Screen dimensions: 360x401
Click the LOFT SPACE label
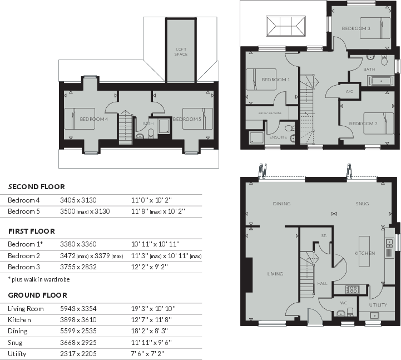click(x=181, y=52)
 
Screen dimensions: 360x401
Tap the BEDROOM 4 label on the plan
click(x=93, y=119)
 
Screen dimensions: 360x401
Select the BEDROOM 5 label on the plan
click(x=186, y=119)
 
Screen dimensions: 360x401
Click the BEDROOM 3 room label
click(x=356, y=28)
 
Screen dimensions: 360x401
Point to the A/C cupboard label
click(x=349, y=91)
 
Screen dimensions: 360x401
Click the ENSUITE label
click(x=278, y=137)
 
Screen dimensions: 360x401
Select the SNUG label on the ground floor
click(x=362, y=204)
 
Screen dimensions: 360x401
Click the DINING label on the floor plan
click(x=281, y=204)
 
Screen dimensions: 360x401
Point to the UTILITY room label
click(x=378, y=305)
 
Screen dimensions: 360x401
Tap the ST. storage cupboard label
click(x=323, y=236)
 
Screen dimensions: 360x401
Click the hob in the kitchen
click(x=353, y=289)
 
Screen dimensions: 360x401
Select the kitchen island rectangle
click(x=364, y=253)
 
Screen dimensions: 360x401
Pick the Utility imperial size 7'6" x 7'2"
click(x=146, y=354)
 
